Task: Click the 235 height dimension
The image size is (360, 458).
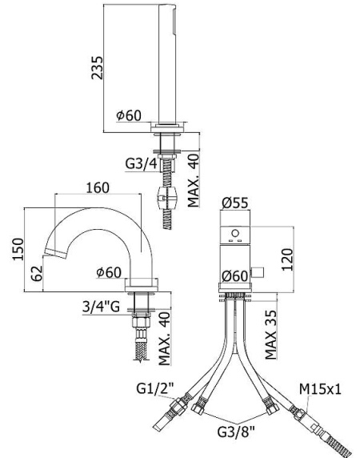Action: pyautogui.click(x=97, y=68)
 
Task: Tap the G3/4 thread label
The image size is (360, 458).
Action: pyautogui.click(x=141, y=163)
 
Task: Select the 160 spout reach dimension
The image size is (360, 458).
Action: pyautogui.click(x=98, y=187)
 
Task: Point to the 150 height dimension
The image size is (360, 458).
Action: pyautogui.click(x=18, y=249)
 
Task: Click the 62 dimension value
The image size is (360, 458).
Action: pyautogui.click(x=37, y=274)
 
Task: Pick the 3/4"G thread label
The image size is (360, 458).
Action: pyautogui.click(x=101, y=307)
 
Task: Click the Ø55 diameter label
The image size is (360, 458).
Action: pyautogui.click(x=235, y=203)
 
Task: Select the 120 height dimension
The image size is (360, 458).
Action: pyautogui.click(x=287, y=259)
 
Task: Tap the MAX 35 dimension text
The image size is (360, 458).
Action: pyautogui.click(x=270, y=335)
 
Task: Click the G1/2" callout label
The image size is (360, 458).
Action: pyautogui.click(x=155, y=388)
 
